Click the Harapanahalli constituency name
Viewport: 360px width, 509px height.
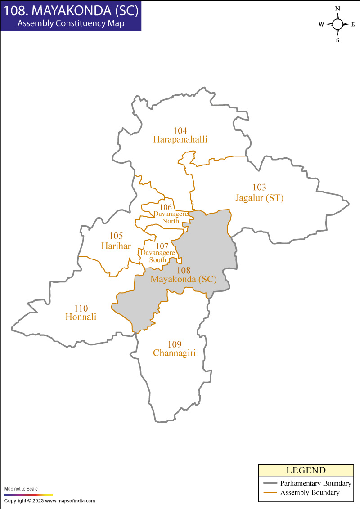(x=180, y=139)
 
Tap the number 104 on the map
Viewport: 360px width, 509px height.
(x=180, y=131)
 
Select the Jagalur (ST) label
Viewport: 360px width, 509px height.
(x=260, y=198)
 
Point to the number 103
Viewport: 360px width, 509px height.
(x=260, y=188)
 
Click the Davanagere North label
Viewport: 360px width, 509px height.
(x=171, y=217)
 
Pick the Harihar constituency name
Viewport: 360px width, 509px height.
(x=116, y=246)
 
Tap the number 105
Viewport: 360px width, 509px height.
(x=116, y=236)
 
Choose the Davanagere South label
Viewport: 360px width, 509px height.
(x=157, y=256)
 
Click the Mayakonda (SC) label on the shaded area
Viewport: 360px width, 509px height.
(x=184, y=279)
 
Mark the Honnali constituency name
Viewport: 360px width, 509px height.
(x=81, y=317)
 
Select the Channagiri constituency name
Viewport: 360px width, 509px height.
(x=175, y=353)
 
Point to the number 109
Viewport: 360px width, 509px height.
(x=175, y=344)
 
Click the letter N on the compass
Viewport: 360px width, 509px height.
(x=338, y=9)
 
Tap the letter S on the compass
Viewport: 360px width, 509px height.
(x=338, y=40)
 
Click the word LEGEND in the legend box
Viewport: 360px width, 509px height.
(x=306, y=471)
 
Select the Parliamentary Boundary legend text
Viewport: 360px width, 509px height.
(x=315, y=483)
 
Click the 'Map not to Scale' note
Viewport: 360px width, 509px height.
(x=21, y=489)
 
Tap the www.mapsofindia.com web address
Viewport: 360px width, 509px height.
(x=70, y=501)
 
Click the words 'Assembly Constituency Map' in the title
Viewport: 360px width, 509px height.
(x=71, y=23)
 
